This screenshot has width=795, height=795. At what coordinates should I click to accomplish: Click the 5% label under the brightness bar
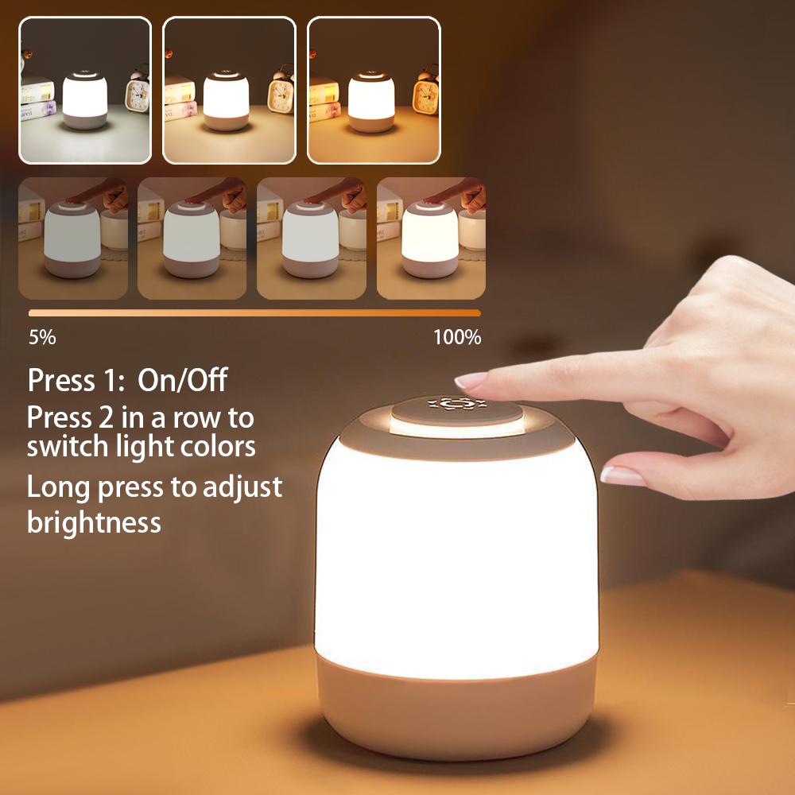click(x=42, y=337)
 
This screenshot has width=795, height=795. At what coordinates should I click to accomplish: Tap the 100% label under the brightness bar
click(x=457, y=337)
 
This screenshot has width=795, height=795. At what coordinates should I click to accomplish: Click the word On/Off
click(x=182, y=380)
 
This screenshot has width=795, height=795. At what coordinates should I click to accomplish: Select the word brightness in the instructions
click(x=94, y=522)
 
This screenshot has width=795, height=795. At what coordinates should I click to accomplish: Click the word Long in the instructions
click(x=60, y=487)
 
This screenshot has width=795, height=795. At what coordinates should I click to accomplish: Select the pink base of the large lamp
click(x=456, y=708)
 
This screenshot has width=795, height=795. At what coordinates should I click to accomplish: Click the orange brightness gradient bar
click(x=254, y=313)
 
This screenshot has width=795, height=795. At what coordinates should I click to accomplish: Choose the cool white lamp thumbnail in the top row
click(x=85, y=90)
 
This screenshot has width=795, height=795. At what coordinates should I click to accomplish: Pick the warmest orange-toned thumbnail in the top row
click(x=373, y=90)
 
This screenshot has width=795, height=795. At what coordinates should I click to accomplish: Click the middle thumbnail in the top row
click(x=229, y=90)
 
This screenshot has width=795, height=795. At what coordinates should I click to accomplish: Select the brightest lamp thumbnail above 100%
click(x=430, y=238)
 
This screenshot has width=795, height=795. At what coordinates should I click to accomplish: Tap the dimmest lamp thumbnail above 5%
click(x=72, y=238)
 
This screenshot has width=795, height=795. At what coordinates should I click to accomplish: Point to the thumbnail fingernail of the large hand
click(x=622, y=475)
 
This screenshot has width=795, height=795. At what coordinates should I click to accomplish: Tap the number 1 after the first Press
click(x=110, y=380)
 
